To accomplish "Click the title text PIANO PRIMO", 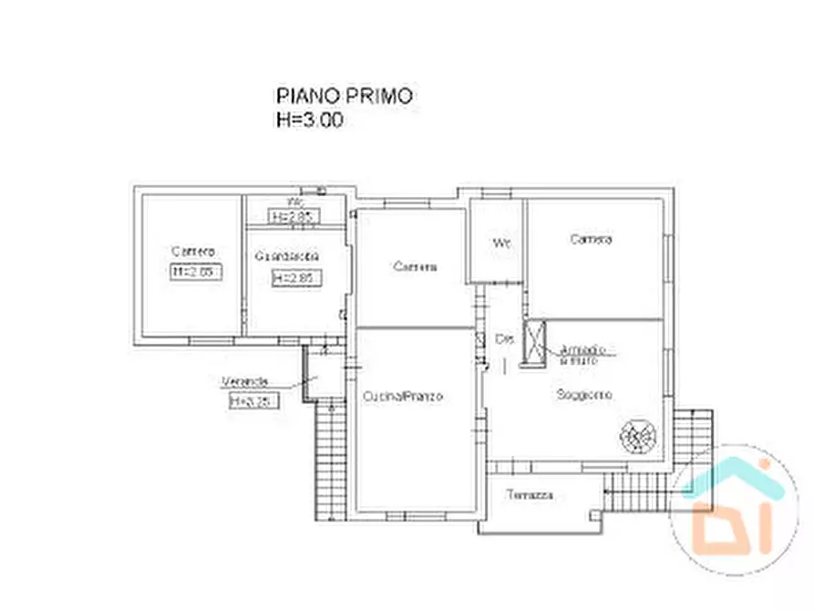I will click(344, 96).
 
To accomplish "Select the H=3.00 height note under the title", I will click(310, 119).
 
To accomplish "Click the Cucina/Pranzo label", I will click(402, 397).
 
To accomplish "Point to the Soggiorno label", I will click(584, 395).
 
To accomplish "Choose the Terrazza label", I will click(531, 495).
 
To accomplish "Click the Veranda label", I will click(242, 382).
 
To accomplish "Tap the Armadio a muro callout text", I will click(588, 354).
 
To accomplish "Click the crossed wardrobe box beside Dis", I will click(532, 342).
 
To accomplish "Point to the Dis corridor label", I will click(505, 339).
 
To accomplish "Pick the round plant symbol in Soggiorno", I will click(637, 436).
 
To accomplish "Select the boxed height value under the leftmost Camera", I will click(196, 271).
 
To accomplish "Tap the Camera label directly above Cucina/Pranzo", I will click(415, 267).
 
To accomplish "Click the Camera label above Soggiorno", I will click(591, 240).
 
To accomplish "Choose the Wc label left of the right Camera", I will click(500, 243).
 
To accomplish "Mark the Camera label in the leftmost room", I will click(192, 251).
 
